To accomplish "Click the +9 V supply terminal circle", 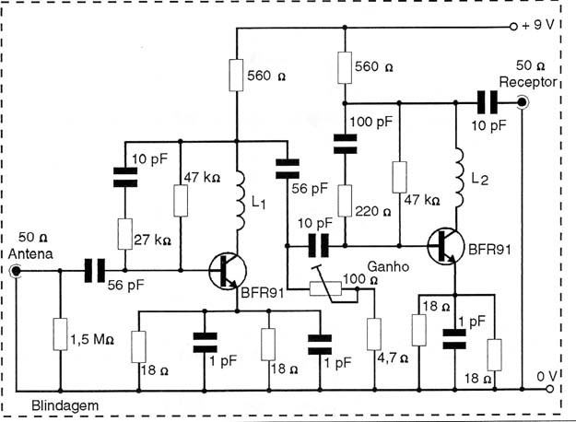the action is pos(513,27).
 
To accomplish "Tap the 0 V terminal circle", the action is pos(549,389).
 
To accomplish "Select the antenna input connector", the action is pos(16,271).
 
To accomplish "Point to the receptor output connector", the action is pos(522,102).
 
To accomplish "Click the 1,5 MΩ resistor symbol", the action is pos(60,334).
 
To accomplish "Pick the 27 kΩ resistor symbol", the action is pos(125,234).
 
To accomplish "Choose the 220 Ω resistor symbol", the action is pos(345,201).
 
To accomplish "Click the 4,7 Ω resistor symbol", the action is pos(374,334).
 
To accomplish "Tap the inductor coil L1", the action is pos(239,200).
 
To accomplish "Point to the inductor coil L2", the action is pos(458,178).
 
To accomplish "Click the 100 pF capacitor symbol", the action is pos(345,144).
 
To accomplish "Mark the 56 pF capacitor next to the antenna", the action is pos(95,271).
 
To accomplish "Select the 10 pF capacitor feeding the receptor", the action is pos(488,102).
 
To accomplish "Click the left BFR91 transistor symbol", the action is pos(228,271).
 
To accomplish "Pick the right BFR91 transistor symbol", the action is pos(446,246).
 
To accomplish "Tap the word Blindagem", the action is pos(65,405).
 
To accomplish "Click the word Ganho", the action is pos(388,266).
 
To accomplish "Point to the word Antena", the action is pos(30,253).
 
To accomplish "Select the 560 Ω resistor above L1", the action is pos(236,75).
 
